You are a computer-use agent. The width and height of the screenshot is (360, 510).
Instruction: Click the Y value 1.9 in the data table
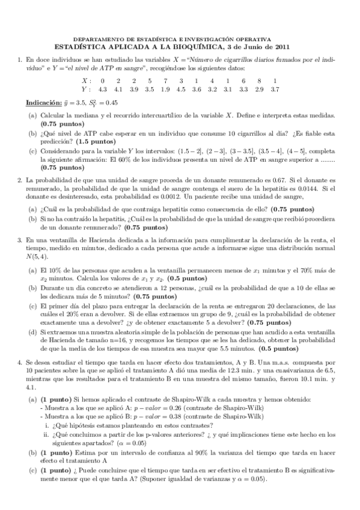click(x=165, y=90)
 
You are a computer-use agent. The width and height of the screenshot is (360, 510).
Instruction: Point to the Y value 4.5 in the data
click(x=181, y=90)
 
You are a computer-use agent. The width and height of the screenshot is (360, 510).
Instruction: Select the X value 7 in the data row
click(x=165, y=81)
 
